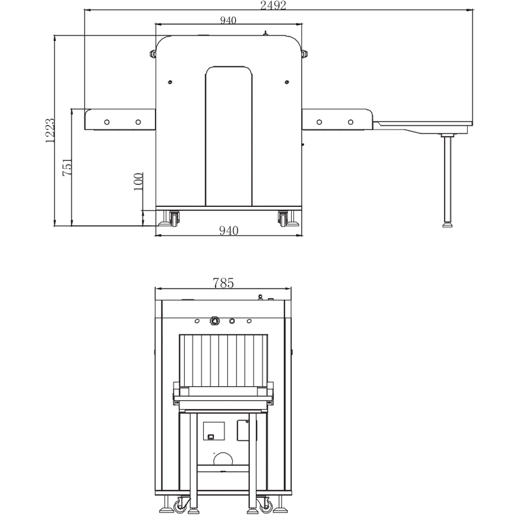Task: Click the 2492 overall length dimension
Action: pyautogui.click(x=273, y=5)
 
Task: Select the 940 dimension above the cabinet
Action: pyautogui.click(x=228, y=20)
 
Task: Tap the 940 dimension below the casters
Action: pyautogui.click(x=228, y=230)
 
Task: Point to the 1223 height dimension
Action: pyautogui.click(x=50, y=130)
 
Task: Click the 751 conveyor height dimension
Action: pyautogui.click(x=67, y=167)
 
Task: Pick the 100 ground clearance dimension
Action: pyautogui.click(x=138, y=181)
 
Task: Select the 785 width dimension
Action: pyautogui.click(x=223, y=283)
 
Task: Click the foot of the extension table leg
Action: pyautogui.click(x=447, y=225)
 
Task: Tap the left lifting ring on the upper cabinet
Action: pyautogui.click(x=153, y=54)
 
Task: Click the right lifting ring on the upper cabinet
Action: pyautogui.click(x=305, y=54)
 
